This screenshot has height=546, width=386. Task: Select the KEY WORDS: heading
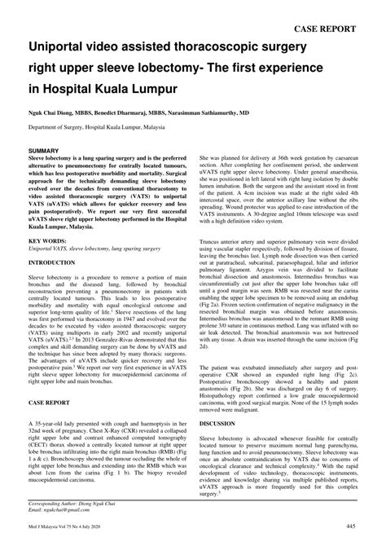[47, 242]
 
